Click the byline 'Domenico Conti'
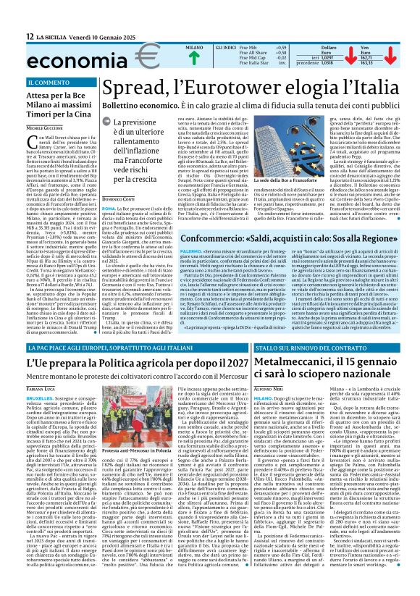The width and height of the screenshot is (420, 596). point(119,177)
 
